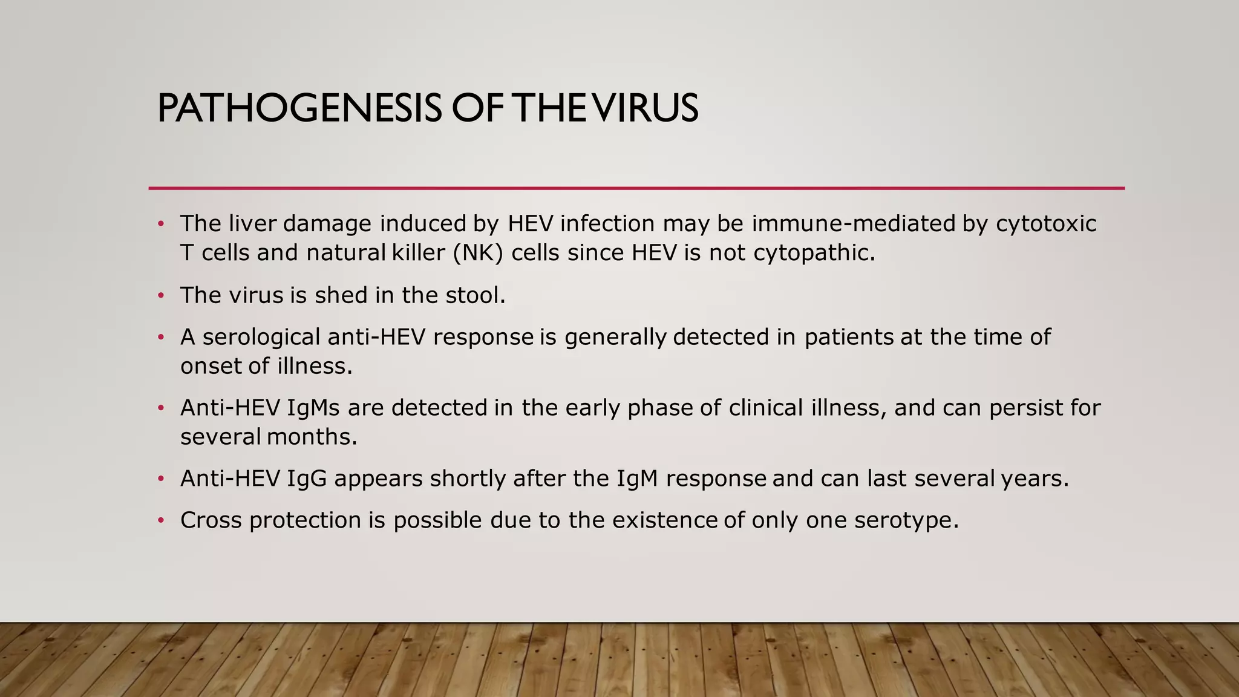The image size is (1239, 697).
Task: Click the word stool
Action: pyautogui.click(x=475, y=295)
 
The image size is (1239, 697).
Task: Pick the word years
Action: pyautogui.click(x=1035, y=479)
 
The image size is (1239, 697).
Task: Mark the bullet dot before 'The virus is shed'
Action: pyautogui.click(x=161, y=296)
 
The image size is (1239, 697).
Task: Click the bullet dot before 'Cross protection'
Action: pyautogui.click(x=161, y=521)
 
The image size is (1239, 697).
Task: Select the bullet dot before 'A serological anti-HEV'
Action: pyautogui.click(x=161, y=338)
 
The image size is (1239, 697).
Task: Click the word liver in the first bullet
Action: pyautogui.click(x=252, y=224)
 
